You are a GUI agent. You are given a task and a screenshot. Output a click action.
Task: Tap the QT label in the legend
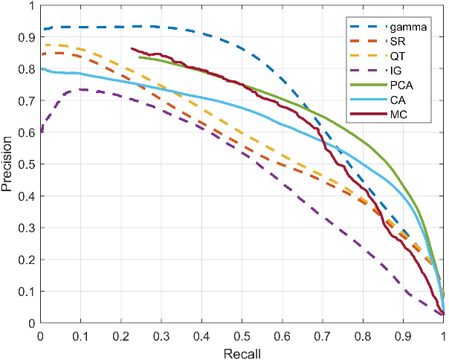[397, 55]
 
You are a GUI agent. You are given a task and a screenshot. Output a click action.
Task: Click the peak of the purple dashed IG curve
[80, 89]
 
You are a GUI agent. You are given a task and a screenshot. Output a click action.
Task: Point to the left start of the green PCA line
[139, 57]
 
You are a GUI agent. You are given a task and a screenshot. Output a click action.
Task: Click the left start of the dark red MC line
[131, 48]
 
